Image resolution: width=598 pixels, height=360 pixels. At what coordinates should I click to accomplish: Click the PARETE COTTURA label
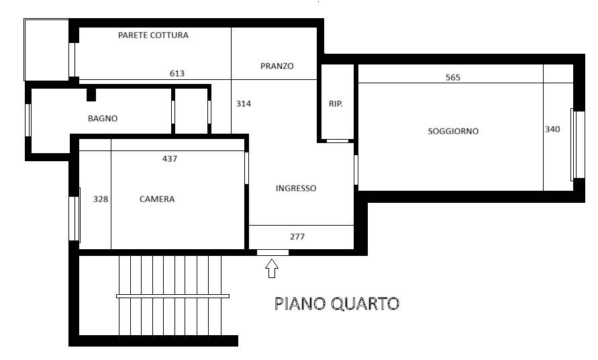pos(153,35)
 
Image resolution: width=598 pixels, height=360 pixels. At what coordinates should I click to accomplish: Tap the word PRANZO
pos(277,66)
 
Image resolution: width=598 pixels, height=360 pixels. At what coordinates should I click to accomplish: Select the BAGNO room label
pos(103,118)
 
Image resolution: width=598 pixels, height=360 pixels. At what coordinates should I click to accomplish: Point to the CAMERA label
pos(157,199)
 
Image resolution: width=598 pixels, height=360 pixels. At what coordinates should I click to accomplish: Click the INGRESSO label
pos(295,188)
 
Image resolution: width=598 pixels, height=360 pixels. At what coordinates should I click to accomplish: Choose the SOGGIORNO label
pos(453,132)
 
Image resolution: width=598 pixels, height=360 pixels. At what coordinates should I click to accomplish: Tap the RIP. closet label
pos(336,103)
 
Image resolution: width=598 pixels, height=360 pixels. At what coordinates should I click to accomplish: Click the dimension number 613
pos(177,73)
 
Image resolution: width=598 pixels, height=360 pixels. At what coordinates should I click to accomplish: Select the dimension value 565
pos(453,77)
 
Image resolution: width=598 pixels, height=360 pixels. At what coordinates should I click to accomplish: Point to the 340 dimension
pos(552,130)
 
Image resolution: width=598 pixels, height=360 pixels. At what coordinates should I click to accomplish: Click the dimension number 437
pos(170,159)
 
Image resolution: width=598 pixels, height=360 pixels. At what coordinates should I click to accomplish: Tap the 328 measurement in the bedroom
pos(101,199)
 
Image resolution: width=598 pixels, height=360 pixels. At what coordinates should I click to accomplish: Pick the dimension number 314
pos(244,103)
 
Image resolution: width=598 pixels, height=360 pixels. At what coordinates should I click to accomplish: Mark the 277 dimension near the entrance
pos(297,236)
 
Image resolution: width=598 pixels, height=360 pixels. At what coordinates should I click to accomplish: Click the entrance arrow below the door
pos(272,269)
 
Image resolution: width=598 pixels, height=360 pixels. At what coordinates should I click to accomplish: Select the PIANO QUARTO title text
pos(337,304)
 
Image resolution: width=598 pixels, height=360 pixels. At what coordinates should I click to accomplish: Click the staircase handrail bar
pos(172,296)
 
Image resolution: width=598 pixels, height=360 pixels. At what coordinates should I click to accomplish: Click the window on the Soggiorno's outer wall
pos(578,144)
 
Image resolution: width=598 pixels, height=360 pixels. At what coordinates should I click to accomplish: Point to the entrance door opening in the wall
pos(272,253)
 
